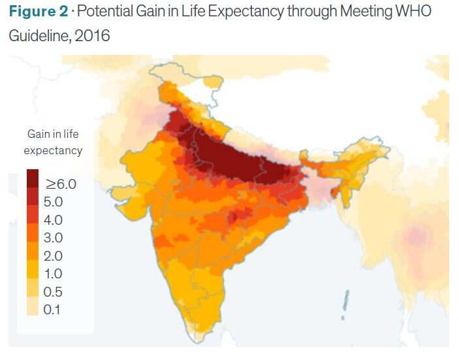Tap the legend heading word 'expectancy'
pyautogui.click(x=54, y=150)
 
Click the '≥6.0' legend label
pyautogui.click(x=60, y=184)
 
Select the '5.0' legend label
pyautogui.click(x=53, y=201)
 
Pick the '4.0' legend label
pyautogui.click(x=53, y=220)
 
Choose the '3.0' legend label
pyautogui.click(x=53, y=237)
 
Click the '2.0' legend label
pyautogui.click(x=53, y=255)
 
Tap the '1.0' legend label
pyautogui.click(x=53, y=273)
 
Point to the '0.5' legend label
pyautogui.click(x=53, y=291)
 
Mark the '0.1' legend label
pyautogui.click(x=53, y=309)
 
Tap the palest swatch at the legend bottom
pyautogui.click(x=32, y=309)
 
